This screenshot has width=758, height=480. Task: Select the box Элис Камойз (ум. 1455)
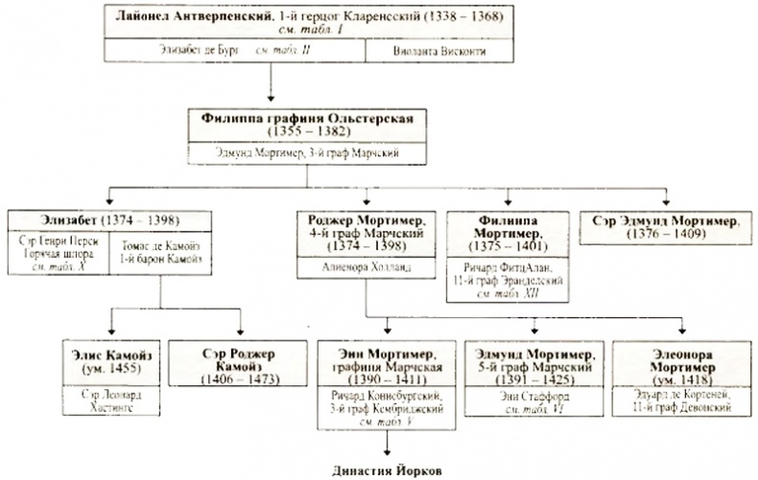(x=108, y=359)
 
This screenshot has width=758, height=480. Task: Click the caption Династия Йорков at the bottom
(x=389, y=469)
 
